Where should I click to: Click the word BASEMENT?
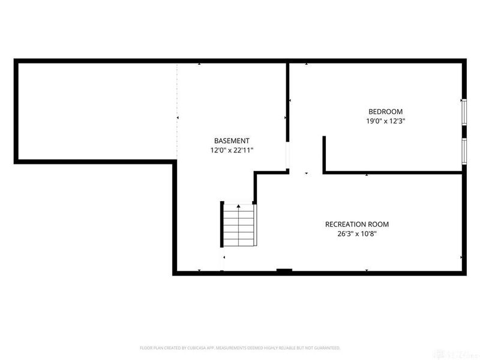232,140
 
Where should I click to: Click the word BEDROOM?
385,112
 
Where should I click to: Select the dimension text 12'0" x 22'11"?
232,151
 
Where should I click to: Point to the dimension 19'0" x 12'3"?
385,121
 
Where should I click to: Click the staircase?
239,224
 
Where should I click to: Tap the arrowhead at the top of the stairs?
239,206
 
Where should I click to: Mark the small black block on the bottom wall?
284,271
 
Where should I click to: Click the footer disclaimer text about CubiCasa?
240,347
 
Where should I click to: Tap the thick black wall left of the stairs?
220,224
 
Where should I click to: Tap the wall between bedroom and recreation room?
393,173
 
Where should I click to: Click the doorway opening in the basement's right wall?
288,157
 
